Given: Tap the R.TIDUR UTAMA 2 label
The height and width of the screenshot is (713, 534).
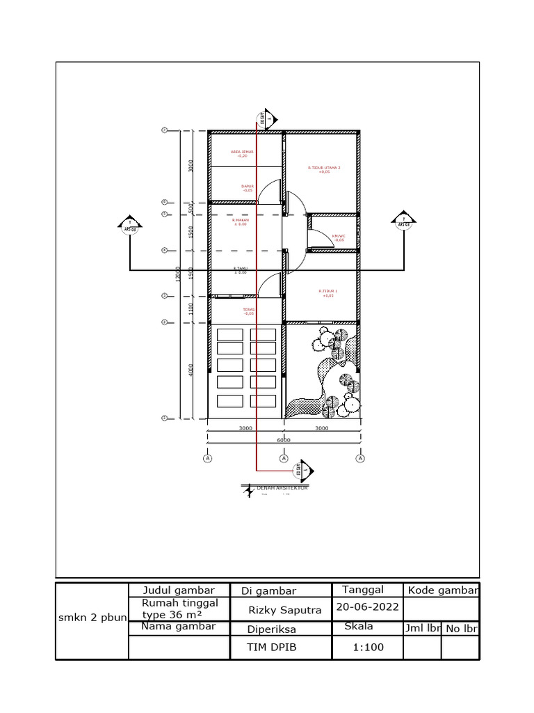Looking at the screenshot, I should click(324, 169).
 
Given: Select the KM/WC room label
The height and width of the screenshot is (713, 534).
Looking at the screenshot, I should click(339, 237).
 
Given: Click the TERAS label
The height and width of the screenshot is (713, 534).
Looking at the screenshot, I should click(248, 311).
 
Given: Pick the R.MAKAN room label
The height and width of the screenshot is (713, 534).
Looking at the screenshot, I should click(241, 221).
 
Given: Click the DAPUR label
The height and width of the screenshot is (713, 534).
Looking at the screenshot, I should click(247, 187).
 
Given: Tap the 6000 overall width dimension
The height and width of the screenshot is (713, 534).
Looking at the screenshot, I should click(284, 440).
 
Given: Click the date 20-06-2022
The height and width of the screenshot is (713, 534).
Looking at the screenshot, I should click(367, 606).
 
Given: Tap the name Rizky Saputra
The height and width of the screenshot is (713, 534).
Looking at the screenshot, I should click(285, 611).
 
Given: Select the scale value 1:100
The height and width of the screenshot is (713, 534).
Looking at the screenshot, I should click(367, 647).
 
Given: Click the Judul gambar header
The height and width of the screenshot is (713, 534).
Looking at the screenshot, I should click(178, 590).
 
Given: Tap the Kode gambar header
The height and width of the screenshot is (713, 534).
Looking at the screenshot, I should click(443, 590).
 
